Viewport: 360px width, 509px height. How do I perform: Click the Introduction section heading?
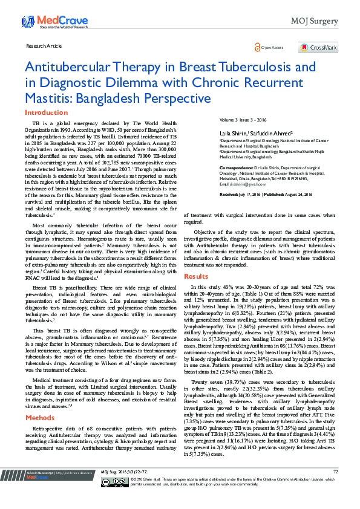point(46,112)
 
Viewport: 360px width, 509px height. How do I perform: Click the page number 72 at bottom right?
point(335,488)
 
